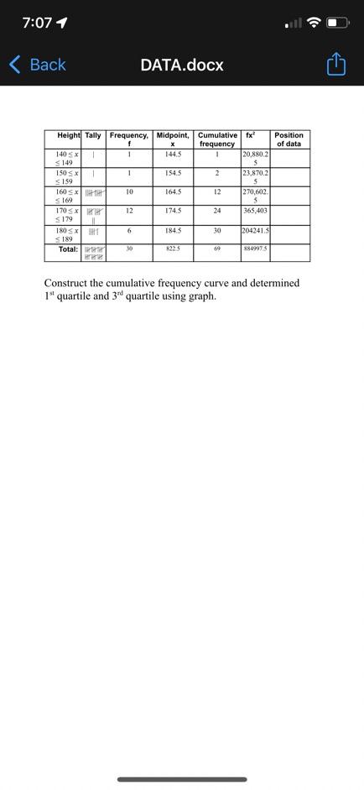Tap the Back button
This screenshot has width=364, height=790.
coord(37,65)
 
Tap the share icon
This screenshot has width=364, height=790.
coord(335,65)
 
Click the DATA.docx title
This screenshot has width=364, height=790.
coord(182,65)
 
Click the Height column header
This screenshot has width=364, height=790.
coord(69,135)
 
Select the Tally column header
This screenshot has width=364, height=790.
coord(93,135)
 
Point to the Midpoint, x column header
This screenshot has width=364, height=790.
coord(173,139)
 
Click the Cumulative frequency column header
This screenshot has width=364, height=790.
coord(216,139)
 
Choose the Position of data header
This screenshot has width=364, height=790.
coord(289,139)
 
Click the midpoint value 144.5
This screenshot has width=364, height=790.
coord(173,154)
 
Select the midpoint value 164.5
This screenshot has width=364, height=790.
coord(173,192)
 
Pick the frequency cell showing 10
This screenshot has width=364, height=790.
coord(129,192)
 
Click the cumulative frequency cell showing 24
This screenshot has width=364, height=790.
coord(216,211)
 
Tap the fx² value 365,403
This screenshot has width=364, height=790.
coord(254,211)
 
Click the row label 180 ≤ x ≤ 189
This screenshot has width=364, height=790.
coord(67,234)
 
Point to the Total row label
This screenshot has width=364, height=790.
coord(68,249)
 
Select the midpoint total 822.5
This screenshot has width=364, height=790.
coord(173,249)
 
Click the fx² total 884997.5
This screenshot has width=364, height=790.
coord(255,249)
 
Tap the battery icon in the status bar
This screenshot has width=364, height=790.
coord(337,23)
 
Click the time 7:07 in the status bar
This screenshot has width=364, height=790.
coord(37,23)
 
